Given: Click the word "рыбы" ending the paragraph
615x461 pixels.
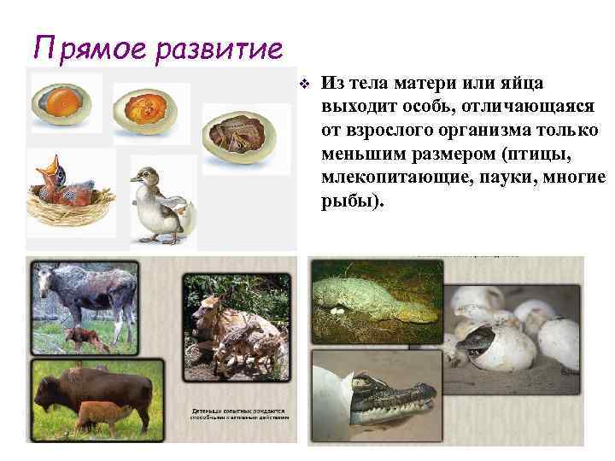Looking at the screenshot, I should click(348, 203).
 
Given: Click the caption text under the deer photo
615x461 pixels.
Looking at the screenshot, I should click(239, 413).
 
